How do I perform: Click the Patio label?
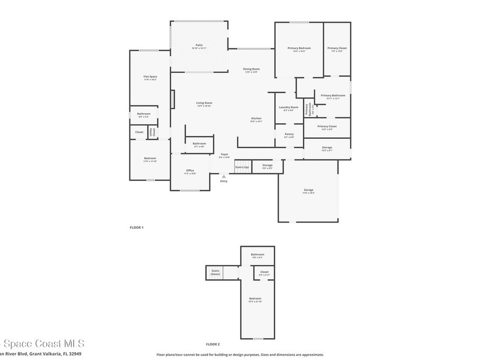199,45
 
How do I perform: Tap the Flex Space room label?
150,76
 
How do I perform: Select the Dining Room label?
251,69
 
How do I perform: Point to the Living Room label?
204,103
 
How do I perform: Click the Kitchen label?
256,118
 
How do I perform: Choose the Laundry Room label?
288,107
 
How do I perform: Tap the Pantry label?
289,134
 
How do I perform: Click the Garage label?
308,190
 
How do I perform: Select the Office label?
190,171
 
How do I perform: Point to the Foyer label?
225,154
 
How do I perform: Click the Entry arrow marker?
224,177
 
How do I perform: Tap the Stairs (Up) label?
242,167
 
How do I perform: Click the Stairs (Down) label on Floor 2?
215,272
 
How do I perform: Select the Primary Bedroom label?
299,48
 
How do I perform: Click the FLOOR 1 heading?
136,227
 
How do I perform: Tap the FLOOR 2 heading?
213,344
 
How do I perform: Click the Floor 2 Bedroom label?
255,299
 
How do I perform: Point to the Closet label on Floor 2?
264,271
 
